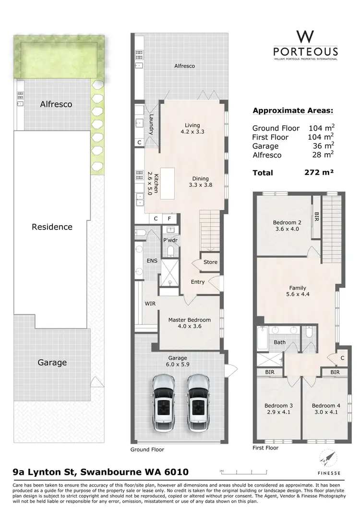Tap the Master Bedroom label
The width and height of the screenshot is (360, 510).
(x=189, y=320)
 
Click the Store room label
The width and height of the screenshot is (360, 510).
(x=210, y=262)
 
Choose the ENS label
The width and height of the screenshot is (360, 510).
(x=152, y=261)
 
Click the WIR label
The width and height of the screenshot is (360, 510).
(x=150, y=304)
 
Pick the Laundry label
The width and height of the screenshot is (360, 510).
(x=151, y=124)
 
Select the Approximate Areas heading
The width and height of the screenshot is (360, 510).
(x=293, y=111)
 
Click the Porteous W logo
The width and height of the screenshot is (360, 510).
(x=305, y=37)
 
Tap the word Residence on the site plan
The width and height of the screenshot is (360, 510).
(x=52, y=227)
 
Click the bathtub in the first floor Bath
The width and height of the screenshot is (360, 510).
(x=262, y=339)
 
